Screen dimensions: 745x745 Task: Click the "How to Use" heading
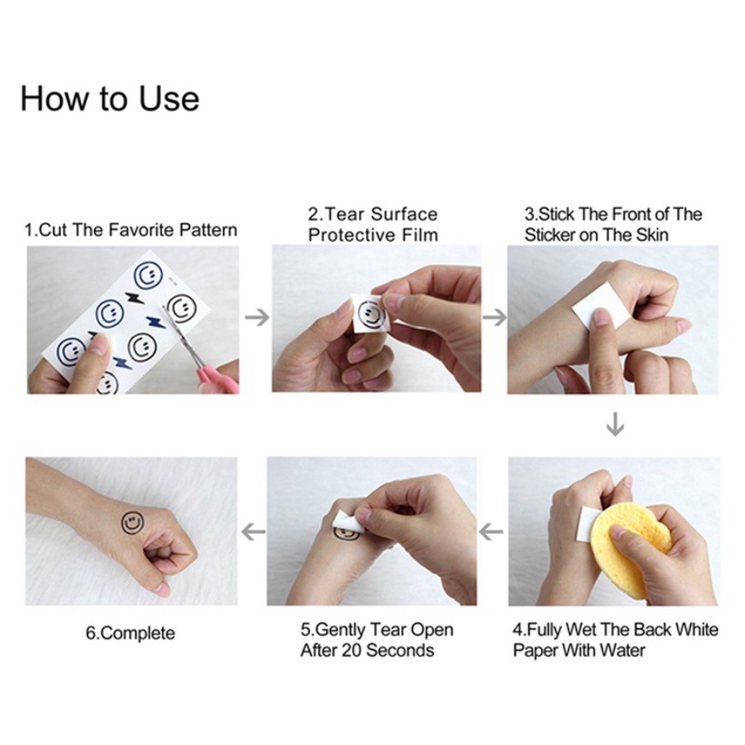pos(110,99)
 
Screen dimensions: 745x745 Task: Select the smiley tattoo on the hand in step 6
pos(132,523)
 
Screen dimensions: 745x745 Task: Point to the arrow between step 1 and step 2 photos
pos(257,317)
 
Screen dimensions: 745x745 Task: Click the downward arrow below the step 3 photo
pos(616,424)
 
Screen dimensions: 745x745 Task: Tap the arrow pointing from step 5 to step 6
pos(253,531)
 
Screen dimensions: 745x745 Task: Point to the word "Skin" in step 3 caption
pos(652,235)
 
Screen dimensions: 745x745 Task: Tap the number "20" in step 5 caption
pos(351,650)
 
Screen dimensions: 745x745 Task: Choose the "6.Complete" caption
pos(130,634)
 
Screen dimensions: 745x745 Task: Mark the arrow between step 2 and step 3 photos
pos(494,317)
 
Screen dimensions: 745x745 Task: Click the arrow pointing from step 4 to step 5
pos(491,531)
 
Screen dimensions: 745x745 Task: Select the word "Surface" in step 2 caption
pos(404,214)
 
